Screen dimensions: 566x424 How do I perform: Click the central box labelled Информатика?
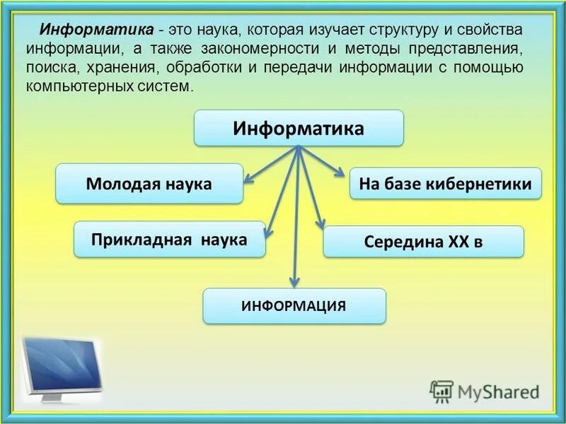point(299,129)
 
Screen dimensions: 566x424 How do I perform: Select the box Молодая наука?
point(149,184)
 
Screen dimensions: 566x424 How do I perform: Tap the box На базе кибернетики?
point(446,184)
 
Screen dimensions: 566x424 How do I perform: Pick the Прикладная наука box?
point(169,239)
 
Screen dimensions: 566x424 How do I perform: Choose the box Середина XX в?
point(423,242)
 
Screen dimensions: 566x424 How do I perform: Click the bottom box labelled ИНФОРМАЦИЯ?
point(294,306)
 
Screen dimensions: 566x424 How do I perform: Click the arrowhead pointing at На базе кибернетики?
point(341,175)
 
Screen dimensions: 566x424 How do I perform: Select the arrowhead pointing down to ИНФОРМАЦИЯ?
point(296,283)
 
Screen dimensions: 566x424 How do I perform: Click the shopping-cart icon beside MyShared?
point(441,391)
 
